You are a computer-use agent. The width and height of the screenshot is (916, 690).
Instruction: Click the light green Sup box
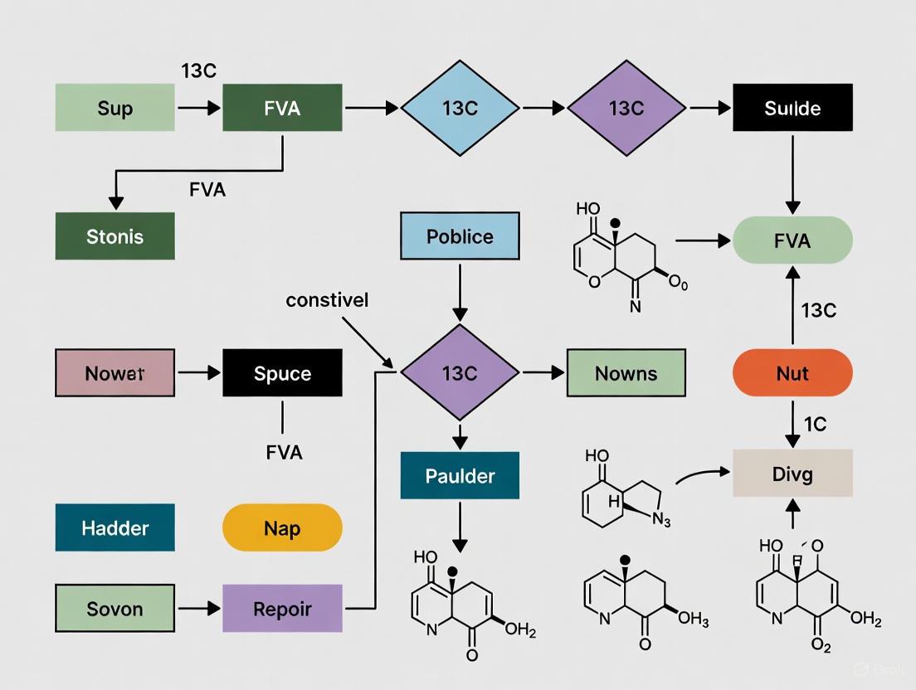tap(114, 108)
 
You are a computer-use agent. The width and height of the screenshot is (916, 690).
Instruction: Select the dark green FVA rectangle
tap(282, 108)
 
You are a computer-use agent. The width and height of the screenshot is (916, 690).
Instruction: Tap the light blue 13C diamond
tap(460, 108)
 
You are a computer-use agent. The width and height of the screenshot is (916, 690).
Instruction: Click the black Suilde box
tap(792, 108)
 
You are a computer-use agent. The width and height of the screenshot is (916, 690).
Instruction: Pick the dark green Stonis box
tap(114, 236)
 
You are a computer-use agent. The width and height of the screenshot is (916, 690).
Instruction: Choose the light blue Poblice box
tap(460, 236)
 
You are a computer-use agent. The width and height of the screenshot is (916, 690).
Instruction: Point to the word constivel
tap(327, 300)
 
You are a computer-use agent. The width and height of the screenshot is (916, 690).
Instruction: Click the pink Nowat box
tap(114, 373)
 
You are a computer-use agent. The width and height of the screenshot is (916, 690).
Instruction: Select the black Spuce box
tap(282, 373)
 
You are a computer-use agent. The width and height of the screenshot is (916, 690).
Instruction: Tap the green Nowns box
tap(626, 373)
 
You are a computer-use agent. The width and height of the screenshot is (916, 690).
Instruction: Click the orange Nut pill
tap(792, 373)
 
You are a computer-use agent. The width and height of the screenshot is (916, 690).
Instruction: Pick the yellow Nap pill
tap(282, 527)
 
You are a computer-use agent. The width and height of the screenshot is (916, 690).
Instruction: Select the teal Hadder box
tap(114, 527)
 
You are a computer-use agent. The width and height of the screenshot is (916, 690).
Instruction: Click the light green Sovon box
tap(114, 609)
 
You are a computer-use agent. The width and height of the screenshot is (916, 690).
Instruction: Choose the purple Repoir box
tap(282, 609)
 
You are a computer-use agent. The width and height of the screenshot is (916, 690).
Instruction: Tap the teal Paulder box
tap(460, 475)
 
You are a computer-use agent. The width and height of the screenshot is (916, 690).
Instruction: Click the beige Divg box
tap(792, 474)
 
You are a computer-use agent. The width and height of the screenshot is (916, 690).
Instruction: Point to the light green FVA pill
tap(792, 241)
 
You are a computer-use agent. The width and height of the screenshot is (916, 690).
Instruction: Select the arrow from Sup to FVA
tap(199, 108)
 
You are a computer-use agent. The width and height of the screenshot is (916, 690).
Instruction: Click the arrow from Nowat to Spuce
tap(199, 373)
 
